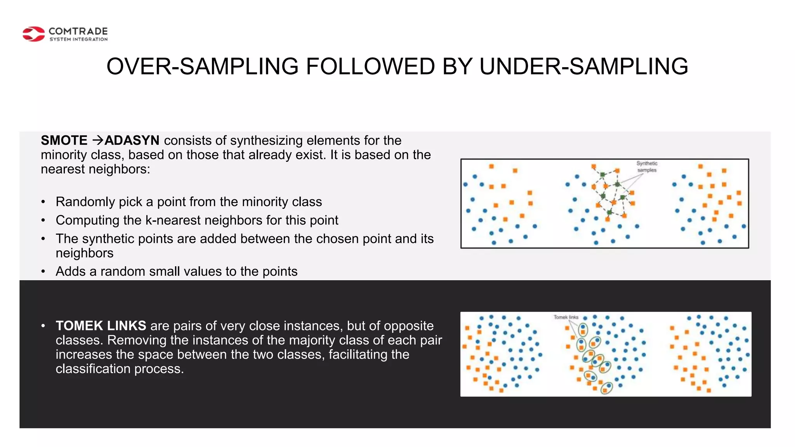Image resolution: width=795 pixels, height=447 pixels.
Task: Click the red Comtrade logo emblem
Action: pos(34,34)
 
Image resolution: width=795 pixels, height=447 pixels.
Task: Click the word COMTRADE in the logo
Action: pos(78,31)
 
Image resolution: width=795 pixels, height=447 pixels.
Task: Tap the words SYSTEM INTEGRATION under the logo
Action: pos(78,39)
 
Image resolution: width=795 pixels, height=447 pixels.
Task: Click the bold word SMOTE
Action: pos(64,140)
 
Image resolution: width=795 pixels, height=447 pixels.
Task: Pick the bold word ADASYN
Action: pos(132,140)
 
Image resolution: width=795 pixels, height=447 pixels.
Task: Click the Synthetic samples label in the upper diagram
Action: pos(647,167)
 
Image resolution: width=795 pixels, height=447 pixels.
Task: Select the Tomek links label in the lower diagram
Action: pos(566,317)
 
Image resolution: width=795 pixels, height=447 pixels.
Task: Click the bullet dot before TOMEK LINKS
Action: pos(43,326)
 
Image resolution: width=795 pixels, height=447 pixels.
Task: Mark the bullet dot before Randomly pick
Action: pos(43,202)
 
